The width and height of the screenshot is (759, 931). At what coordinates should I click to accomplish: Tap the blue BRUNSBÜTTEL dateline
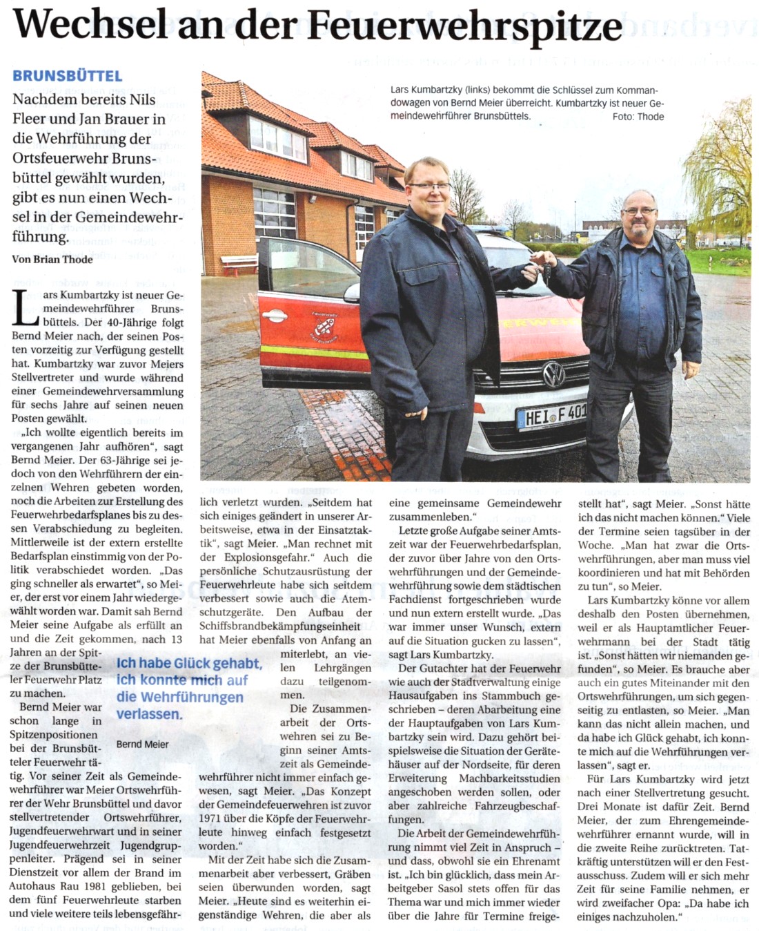67,76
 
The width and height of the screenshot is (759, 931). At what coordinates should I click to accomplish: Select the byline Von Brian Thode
52,259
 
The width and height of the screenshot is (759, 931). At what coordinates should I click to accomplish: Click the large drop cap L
26,309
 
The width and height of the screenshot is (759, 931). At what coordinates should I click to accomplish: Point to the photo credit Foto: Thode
638,117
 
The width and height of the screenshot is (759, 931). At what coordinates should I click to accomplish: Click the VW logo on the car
553,376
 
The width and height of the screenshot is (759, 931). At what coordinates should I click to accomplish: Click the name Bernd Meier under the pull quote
142,744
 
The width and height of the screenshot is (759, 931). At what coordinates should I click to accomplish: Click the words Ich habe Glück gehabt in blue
188,664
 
